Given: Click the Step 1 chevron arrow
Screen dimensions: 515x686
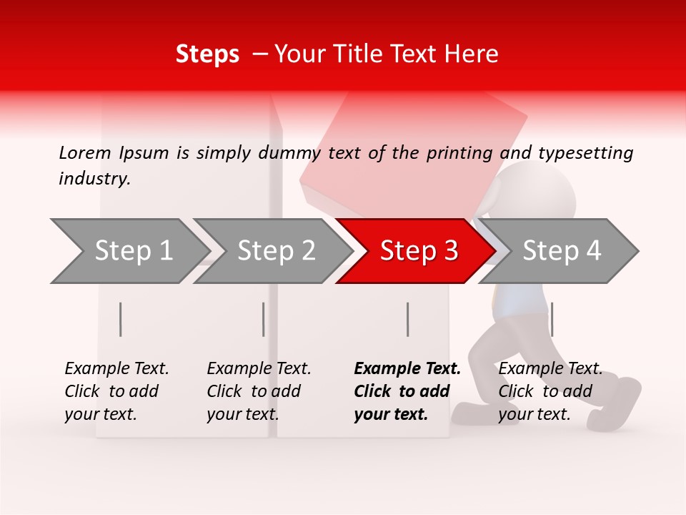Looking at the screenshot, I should pos(132,251).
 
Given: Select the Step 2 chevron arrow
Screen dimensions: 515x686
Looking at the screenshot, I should pos(275,251).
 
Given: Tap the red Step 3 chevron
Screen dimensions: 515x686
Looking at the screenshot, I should pos(418,251).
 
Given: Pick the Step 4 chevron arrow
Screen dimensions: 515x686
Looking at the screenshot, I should pos(561,251).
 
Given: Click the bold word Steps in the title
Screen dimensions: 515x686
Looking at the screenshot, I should pos(207,54).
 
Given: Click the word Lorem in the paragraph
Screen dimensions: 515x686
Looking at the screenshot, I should pos(84,152).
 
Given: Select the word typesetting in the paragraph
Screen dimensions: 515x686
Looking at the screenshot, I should pos(585,153).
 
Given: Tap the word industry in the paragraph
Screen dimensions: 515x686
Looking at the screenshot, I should pos(94,179).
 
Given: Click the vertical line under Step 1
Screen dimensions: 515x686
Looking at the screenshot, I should pos(121,319).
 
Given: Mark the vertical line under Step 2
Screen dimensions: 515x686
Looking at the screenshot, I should pos(264,319).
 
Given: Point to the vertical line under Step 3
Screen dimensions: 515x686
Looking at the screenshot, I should pos(407,319).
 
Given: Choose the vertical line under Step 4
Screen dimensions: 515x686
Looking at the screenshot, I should pos(552,319).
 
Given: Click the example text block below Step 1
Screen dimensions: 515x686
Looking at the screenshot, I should pos(116,391).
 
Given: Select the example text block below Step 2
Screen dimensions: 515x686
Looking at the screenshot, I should pos(259,391).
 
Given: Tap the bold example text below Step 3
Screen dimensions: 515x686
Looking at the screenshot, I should pos(407,391).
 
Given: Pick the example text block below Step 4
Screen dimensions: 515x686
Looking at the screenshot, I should pos(550,391).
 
